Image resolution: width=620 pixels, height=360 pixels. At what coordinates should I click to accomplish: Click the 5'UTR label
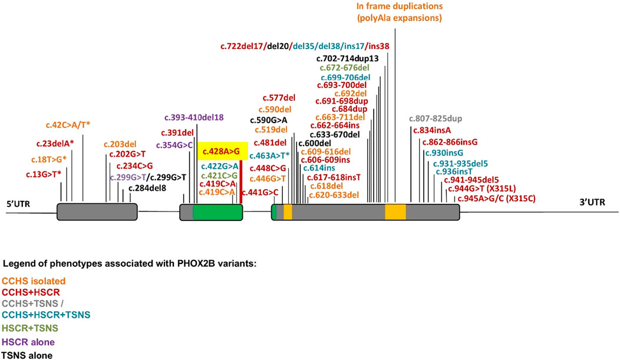click(18, 204)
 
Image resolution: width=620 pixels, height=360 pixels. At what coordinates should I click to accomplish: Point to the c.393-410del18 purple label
click(194, 117)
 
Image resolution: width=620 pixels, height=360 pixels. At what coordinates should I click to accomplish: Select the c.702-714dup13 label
click(347, 58)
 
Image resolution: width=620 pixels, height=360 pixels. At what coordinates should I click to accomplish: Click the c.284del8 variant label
click(148, 189)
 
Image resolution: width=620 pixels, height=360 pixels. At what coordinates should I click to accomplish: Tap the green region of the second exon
click(216, 212)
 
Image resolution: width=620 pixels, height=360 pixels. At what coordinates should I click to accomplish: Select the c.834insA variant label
click(431, 130)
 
